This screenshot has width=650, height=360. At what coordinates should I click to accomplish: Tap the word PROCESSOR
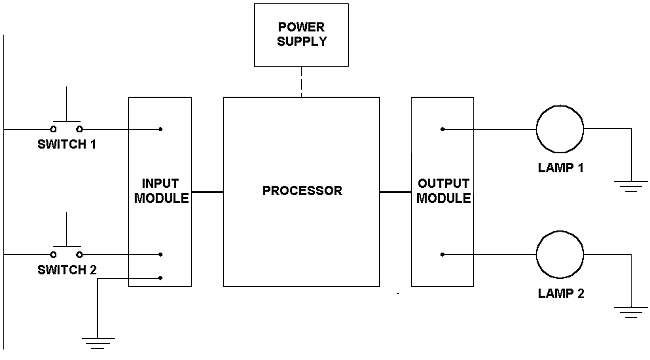(x=301, y=190)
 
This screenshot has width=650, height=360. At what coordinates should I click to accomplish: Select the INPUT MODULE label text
(x=159, y=191)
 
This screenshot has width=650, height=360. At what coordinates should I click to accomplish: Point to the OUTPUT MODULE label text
(x=442, y=191)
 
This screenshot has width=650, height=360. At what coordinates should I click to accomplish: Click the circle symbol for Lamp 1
(x=559, y=129)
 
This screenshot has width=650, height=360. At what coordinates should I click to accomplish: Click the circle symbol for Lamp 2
(x=559, y=254)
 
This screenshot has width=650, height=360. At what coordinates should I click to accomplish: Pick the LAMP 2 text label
(x=558, y=294)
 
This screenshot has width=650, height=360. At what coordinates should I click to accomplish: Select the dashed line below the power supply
(x=301, y=82)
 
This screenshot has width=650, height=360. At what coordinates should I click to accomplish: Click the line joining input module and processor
(x=206, y=190)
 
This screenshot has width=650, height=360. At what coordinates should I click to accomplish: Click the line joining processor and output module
(x=395, y=190)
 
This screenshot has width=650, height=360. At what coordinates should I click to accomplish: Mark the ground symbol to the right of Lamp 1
(x=630, y=183)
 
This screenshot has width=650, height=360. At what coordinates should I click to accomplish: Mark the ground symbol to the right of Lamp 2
(x=630, y=312)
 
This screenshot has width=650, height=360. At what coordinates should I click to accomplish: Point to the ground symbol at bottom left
(x=97, y=343)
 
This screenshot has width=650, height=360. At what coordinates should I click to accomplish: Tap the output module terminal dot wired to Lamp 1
(x=443, y=129)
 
